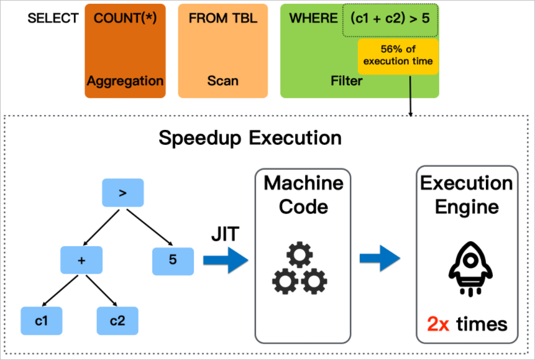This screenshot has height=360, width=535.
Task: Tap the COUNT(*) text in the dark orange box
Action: click(125, 18)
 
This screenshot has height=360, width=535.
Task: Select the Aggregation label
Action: click(125, 81)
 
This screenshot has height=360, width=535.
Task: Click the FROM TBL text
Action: click(222, 18)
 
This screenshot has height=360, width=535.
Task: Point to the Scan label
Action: click(222, 81)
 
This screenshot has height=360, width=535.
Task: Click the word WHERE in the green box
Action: click(313, 18)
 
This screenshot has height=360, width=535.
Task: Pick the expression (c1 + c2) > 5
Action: click(390, 19)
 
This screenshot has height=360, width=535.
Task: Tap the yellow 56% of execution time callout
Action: click(398, 55)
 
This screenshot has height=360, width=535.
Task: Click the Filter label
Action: click(347, 81)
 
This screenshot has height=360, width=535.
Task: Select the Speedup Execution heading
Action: click(250, 137)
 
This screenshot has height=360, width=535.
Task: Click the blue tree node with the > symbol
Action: click(122, 193)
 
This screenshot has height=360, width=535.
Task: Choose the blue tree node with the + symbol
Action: click(81, 260)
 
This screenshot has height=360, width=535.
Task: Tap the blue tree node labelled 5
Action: click(173, 260)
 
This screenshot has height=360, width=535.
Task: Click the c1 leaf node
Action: click(41, 321)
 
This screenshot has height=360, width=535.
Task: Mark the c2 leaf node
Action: click(117, 321)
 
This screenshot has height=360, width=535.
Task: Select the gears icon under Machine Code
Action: click(300, 269)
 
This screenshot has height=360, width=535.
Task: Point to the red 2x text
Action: click(439, 324)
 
